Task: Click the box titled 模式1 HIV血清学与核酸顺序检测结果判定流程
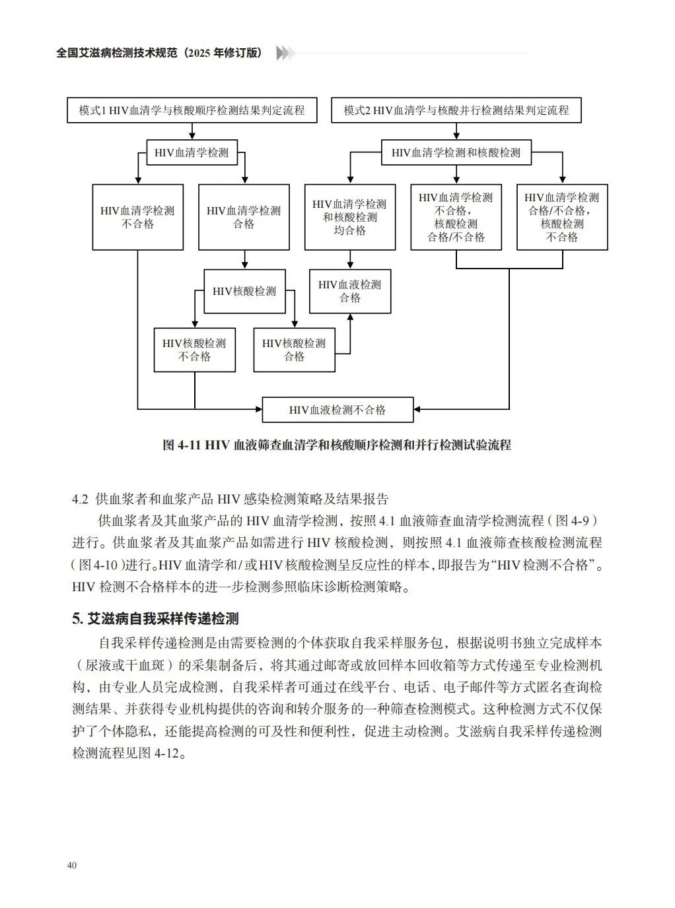[192, 110]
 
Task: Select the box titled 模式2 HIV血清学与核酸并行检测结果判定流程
[456, 110]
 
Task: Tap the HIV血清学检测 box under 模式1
[192, 152]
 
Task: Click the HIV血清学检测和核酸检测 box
[456, 152]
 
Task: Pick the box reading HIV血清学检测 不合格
[137, 217]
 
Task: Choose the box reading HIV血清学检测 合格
[244, 217]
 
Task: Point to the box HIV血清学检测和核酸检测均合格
[349, 217]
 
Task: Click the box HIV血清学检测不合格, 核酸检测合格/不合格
[456, 217]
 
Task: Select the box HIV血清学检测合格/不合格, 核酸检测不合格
[561, 217]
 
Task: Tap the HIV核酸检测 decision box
[244, 291]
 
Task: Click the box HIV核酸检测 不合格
[194, 350]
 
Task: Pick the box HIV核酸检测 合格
[294, 350]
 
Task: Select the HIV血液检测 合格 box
[350, 291]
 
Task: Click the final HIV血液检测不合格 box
[337, 410]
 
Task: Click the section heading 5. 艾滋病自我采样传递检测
[155, 618]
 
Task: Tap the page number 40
[72, 865]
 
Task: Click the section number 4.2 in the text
[80, 498]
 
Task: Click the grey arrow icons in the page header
[285, 53]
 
